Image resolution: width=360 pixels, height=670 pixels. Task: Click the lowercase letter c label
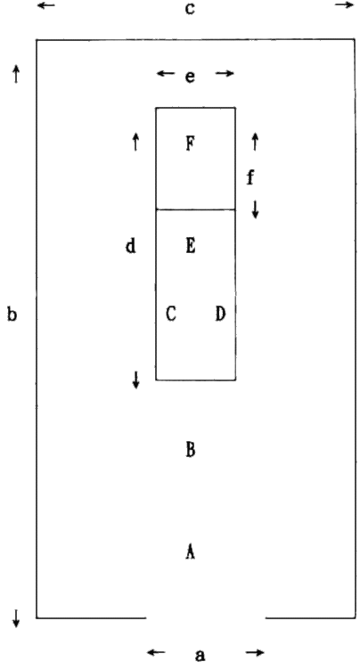[x=190, y=9]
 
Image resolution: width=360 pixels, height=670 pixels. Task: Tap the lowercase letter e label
[x=191, y=77]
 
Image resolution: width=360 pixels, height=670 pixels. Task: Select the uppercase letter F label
[x=191, y=143]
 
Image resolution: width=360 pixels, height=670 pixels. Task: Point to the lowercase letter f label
[x=250, y=177]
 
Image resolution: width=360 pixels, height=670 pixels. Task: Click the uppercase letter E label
[x=191, y=246]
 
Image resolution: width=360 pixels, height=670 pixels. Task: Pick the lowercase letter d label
[x=131, y=246]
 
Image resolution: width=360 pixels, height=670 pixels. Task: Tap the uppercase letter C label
[x=170, y=314]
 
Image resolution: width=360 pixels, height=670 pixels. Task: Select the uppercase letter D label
[x=220, y=314]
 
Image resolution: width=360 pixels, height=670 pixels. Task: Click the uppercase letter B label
[x=191, y=450]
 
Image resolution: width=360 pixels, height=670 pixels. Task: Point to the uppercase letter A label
[x=191, y=552]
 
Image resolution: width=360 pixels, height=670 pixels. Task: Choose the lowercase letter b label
[x=12, y=315]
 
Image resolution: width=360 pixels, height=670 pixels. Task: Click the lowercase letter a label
[x=200, y=655]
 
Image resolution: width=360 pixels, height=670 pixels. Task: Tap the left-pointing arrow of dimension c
[x=46, y=5]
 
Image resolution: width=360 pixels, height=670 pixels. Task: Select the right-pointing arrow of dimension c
[x=345, y=5]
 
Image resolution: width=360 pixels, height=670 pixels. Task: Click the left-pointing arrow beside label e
[x=166, y=73]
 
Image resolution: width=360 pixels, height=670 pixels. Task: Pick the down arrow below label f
[x=255, y=209]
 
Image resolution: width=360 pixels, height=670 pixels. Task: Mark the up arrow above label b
[x=16, y=74]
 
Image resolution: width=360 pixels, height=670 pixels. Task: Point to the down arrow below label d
[x=136, y=380]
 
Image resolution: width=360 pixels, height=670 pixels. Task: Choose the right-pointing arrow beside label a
[x=255, y=652]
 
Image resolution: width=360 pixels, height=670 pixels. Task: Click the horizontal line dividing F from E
[x=195, y=209]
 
